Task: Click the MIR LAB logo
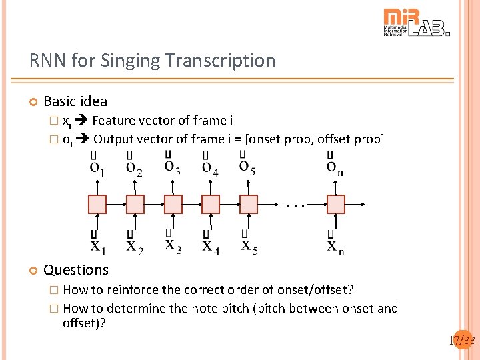416,23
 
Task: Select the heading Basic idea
75,101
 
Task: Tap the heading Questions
75,270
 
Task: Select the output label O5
248,167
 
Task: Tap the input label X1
97,247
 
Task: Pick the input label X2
135,247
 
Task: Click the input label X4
211,247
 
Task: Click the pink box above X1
97,204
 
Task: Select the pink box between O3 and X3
173,204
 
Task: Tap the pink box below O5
249,204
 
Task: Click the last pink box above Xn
335,204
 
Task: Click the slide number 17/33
461,341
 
